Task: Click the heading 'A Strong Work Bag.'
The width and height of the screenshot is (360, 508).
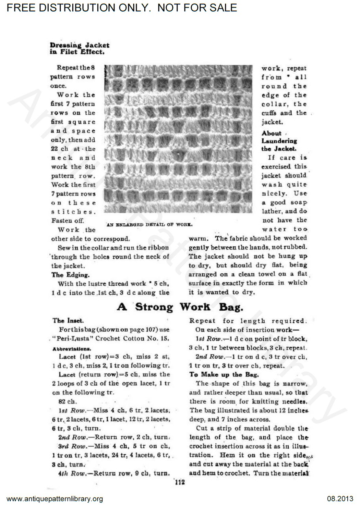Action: [180, 307]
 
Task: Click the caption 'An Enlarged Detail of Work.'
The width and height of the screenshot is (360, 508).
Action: [149, 225]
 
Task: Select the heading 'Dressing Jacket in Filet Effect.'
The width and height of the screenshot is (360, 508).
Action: [80, 48]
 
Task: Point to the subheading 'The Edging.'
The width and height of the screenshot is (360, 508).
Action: [71, 275]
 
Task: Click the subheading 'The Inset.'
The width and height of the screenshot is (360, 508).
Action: [68, 321]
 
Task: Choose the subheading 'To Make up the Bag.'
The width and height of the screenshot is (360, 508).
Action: [224, 374]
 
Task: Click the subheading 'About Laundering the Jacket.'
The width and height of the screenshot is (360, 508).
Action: [279, 141]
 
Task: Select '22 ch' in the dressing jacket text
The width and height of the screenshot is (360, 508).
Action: [60, 149]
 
